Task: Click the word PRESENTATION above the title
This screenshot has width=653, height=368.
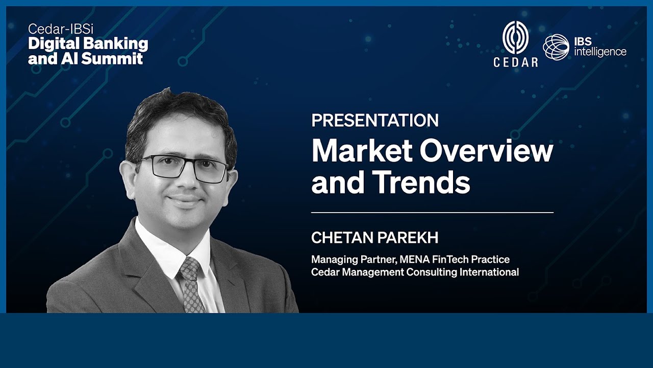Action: tap(374, 121)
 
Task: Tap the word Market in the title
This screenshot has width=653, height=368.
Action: tap(354, 151)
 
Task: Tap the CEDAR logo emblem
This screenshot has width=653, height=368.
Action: tap(515, 37)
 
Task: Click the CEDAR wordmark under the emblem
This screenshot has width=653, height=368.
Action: tap(515, 62)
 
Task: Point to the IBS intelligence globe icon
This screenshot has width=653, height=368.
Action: tap(556, 47)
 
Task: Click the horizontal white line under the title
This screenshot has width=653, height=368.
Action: tap(432, 212)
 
